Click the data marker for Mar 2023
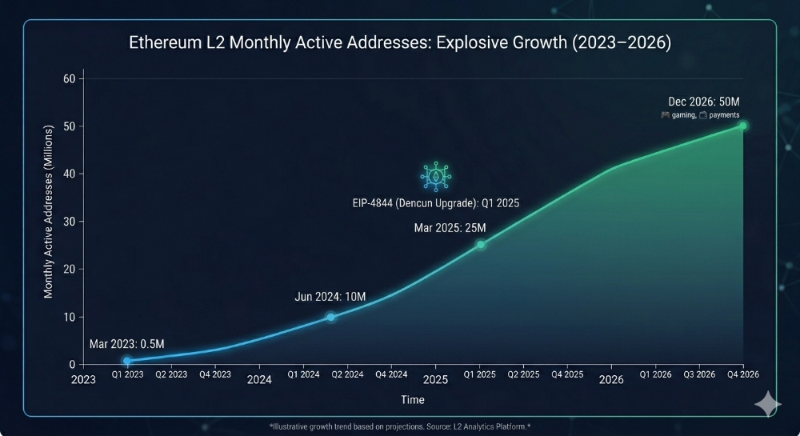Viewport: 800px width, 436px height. pyautogui.click(x=126, y=361)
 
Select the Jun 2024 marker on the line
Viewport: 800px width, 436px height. pyautogui.click(x=330, y=317)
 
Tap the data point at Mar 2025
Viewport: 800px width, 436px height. pyautogui.click(x=481, y=244)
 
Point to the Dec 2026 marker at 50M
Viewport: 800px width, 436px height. pyautogui.click(x=742, y=126)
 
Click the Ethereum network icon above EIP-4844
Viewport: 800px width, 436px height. pyautogui.click(x=436, y=176)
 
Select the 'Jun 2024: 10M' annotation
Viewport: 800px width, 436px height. pyautogui.click(x=330, y=297)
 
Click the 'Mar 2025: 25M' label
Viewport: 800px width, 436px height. pyautogui.click(x=450, y=228)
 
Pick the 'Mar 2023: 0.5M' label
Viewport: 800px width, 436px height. pyautogui.click(x=126, y=344)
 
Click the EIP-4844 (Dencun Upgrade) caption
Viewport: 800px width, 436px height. pyautogui.click(x=436, y=203)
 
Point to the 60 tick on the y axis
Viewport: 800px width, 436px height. pyautogui.click(x=69, y=78)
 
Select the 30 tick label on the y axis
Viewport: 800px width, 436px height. pyautogui.click(x=69, y=222)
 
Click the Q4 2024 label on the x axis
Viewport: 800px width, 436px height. pyautogui.click(x=391, y=374)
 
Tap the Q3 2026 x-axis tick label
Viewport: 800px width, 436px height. pyautogui.click(x=700, y=374)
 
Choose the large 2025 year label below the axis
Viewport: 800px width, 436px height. pyautogui.click(x=435, y=380)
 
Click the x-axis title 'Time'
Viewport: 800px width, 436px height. pyautogui.click(x=413, y=399)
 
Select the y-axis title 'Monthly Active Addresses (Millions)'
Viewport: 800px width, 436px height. pyautogui.click(x=49, y=211)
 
